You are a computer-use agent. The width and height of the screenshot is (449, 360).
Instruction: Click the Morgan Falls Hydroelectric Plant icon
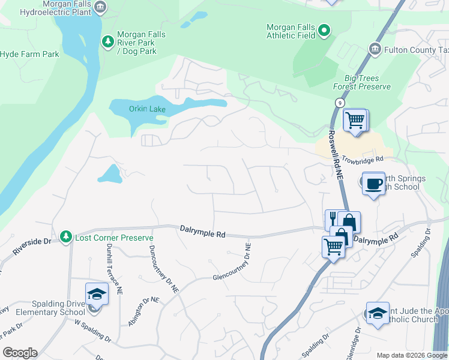pos(100,7)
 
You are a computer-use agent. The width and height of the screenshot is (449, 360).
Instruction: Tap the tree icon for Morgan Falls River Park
pos(108,41)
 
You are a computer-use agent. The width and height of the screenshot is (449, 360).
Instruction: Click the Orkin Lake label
pos(148,109)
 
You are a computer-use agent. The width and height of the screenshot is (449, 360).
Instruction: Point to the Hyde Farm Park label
pos(29,54)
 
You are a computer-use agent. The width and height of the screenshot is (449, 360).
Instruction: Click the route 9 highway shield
pos(340,103)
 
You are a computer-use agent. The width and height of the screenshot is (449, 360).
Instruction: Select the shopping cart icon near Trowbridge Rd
pos(355,120)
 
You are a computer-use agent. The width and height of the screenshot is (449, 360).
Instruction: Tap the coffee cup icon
pos(374,183)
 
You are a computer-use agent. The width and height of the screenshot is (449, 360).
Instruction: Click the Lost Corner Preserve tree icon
pos(65,238)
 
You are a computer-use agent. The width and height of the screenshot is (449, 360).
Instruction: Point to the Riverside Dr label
pos(34,241)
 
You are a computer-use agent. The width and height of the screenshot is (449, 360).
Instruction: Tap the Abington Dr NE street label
pos(143,311)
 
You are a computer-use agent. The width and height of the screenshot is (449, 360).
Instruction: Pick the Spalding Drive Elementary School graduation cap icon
pos(96,294)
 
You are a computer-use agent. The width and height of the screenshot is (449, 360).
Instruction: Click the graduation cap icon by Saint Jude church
pos(378,313)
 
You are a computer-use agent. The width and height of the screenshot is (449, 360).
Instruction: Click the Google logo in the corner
pos(20,353)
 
